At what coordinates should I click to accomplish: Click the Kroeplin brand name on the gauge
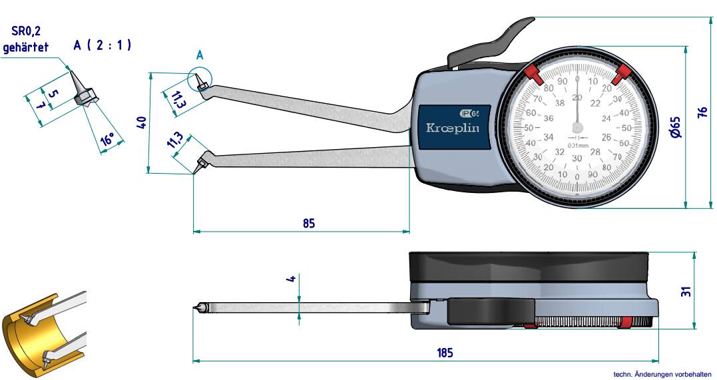452,128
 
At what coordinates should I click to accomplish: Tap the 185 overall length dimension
445,352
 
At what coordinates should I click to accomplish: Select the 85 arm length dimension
308,223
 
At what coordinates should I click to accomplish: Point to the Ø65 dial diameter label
675,126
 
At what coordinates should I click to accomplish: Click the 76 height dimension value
702,113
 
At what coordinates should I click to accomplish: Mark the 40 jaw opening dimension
140,122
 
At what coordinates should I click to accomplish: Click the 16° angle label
107,140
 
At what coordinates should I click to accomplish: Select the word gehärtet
25,48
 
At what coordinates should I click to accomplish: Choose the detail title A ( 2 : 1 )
103,45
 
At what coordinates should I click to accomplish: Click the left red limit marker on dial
533,73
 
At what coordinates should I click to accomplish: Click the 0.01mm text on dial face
577,145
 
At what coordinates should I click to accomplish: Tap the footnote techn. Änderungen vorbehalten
662,374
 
